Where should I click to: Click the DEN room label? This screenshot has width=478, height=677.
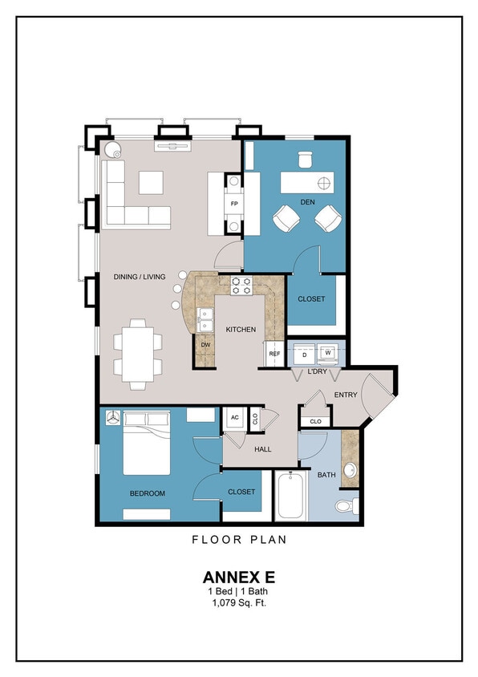306,202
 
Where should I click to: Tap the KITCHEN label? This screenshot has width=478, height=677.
241,330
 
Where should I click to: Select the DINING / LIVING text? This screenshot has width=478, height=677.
140,277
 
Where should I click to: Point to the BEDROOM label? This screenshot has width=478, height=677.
148,493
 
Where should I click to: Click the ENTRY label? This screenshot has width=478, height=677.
346,395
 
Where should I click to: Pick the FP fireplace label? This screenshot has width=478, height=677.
234,204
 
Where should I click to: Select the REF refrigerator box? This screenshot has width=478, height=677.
274,354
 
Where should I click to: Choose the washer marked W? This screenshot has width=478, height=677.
328,351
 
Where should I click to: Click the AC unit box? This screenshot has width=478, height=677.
235,418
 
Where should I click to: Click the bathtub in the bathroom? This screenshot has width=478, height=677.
290,496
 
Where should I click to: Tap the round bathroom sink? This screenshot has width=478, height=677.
350,469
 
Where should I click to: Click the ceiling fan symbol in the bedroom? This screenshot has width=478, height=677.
112,418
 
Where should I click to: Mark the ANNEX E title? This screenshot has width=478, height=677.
238,577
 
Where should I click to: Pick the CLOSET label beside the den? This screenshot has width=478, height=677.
311,299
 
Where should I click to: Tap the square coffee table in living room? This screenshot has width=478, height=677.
151,183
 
